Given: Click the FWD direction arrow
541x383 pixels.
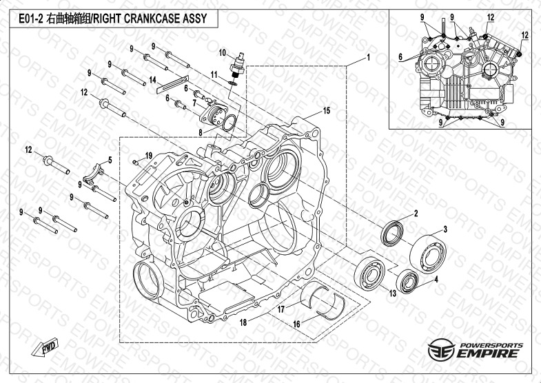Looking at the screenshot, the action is (45, 346).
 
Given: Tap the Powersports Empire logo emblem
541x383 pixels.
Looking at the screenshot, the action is (441, 349).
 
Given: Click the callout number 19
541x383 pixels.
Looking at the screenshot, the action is (149, 156).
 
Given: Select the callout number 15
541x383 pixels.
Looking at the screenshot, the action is (327, 111).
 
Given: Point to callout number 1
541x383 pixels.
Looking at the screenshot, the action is (369, 57).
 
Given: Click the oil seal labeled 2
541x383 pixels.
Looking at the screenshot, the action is (392, 234).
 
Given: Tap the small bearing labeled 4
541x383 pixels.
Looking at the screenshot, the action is (407, 281).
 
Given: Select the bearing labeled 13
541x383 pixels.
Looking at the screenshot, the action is (370, 273).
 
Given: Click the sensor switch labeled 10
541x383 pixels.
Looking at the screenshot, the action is (238, 65).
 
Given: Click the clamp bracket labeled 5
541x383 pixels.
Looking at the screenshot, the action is (93, 173).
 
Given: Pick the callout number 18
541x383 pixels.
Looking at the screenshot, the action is (243, 322).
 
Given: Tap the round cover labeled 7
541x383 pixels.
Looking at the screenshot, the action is (214, 114).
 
